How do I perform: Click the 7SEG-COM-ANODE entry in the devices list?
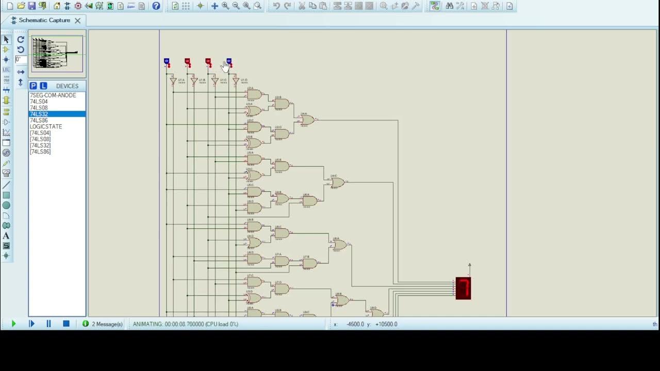click(53, 95)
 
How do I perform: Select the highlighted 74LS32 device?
click(39, 114)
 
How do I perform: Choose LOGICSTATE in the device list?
click(46, 127)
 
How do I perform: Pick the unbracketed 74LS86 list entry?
click(39, 121)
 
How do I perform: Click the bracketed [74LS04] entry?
click(40, 133)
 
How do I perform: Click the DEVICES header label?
click(67, 86)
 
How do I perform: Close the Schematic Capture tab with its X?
click(77, 21)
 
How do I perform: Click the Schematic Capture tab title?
click(44, 21)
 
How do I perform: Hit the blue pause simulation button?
click(48, 324)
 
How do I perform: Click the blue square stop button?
click(66, 324)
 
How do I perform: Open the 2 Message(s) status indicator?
click(103, 324)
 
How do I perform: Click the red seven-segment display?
click(463, 288)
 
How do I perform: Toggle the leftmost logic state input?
click(167, 62)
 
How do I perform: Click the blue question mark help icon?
click(156, 6)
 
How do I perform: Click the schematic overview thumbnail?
click(57, 54)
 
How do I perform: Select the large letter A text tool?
click(6, 236)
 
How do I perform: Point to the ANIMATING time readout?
click(186, 324)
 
